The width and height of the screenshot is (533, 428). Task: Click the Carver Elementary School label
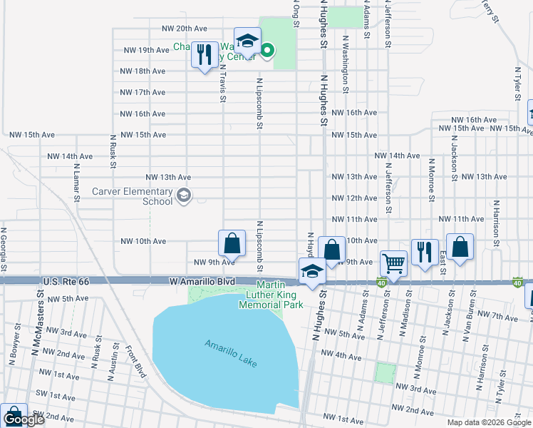(x=133, y=196)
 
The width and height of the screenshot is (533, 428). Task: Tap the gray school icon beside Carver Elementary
(x=184, y=196)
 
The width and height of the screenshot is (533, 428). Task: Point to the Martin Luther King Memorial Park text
(x=280, y=295)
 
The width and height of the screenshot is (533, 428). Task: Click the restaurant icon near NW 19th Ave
(x=205, y=54)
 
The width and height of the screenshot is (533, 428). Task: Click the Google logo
(x=23, y=419)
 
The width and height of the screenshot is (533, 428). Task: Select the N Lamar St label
(x=76, y=182)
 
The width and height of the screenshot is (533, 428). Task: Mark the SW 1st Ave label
(x=57, y=397)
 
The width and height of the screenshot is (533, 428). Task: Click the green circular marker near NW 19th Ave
(x=267, y=50)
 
